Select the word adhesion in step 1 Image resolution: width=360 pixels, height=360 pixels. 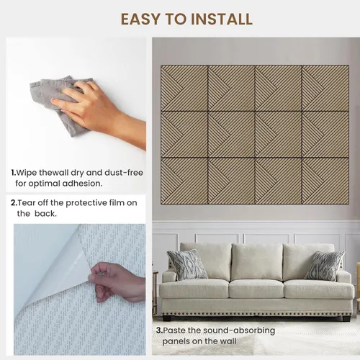coord(82,184)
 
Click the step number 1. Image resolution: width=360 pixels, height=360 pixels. coord(14,173)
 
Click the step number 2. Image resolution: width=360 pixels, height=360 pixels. coord(14,203)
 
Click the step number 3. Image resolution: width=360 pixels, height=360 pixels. coord(159,330)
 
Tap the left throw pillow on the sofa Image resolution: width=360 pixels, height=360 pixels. coord(186,264)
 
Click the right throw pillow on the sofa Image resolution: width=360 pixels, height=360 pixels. coord(325,266)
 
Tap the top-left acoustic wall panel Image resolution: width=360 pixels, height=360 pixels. coord(184,88)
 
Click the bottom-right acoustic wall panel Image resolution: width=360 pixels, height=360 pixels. coord(325,181)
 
